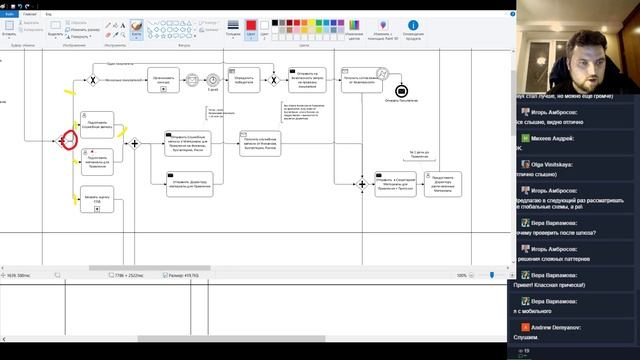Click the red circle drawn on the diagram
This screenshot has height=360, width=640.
tap(67, 141)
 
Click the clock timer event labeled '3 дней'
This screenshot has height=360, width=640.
tap(212, 78)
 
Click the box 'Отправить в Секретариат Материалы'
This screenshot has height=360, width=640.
tap(393, 183)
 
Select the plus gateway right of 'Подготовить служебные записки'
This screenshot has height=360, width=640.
tap(134, 143)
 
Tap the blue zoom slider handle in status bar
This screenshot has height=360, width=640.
tap(490, 275)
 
